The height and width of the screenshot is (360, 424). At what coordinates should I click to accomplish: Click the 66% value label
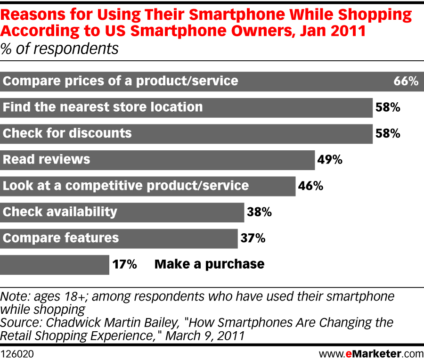[x=406, y=82]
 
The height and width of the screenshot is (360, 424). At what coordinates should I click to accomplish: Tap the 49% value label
[x=330, y=160]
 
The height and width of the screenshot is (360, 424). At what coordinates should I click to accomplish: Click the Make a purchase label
[x=209, y=264]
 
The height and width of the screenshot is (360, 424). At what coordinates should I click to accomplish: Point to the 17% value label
[x=124, y=264]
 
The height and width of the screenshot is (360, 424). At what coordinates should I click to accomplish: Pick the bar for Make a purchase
[x=55, y=264]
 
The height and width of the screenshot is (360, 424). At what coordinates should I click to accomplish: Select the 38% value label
[x=259, y=212]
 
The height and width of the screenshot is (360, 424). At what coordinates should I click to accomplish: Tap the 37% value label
[x=253, y=238]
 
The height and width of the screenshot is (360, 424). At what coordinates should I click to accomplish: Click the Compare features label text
[x=61, y=237]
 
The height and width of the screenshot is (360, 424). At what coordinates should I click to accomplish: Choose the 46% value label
[x=310, y=186]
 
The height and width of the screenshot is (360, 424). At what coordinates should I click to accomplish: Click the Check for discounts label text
[x=67, y=133]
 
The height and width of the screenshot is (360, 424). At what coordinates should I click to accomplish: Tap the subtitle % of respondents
[x=59, y=49]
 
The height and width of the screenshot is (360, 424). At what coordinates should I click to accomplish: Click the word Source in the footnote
[x=18, y=323]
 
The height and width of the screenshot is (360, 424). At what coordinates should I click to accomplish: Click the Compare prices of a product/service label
[x=121, y=81]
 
